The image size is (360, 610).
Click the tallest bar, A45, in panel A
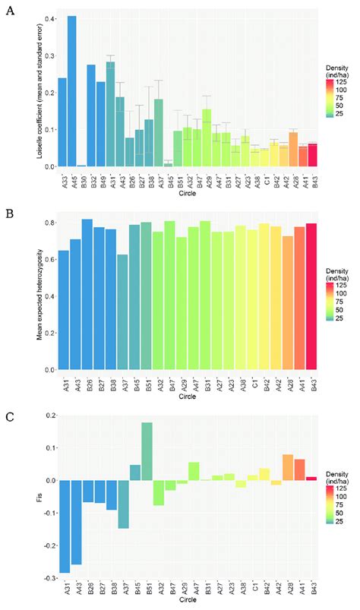[72, 91]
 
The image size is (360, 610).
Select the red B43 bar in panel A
[312, 154]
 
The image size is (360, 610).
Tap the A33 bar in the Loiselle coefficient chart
[62, 122]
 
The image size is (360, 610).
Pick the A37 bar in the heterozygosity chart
[124, 311]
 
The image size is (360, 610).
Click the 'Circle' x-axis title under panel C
[188, 604]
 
